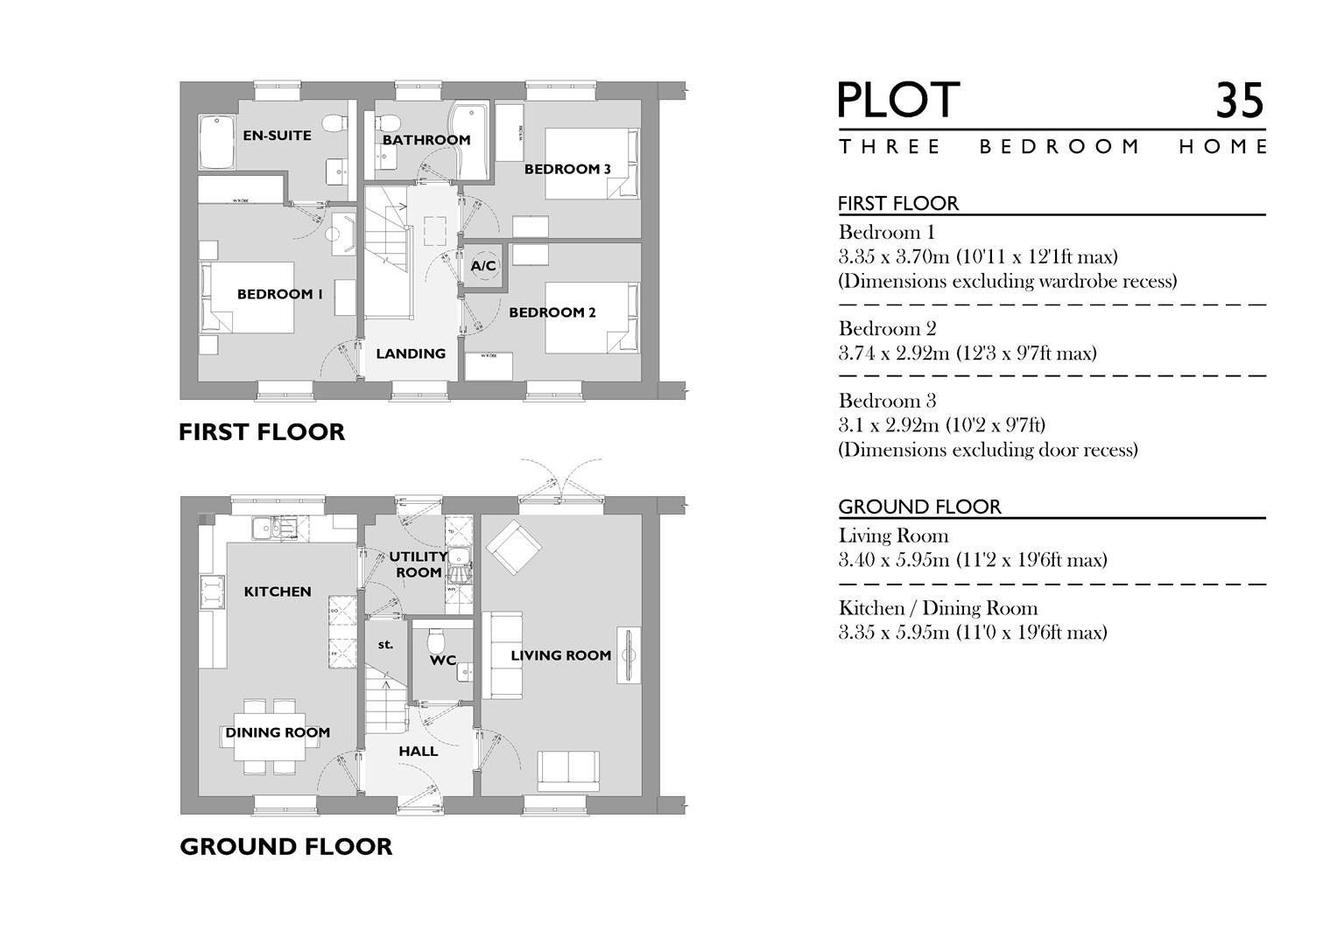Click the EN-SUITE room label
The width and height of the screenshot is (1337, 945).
tap(277, 136)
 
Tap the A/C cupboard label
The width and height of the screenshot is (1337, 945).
tap(483, 266)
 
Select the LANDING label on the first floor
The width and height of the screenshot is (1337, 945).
tap(411, 353)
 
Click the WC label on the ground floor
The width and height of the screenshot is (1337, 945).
tap(442, 661)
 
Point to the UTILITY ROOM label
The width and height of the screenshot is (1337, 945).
tap(418, 564)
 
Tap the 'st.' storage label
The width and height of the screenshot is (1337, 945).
tap(385, 645)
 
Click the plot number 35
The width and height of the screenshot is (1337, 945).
tap(1239, 101)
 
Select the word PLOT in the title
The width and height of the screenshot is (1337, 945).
tap(898, 101)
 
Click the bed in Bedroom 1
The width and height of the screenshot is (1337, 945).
tap(247, 297)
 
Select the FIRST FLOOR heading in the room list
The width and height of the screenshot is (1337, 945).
tap(897, 203)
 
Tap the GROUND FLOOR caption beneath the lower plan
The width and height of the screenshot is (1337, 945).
tap(285, 847)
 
